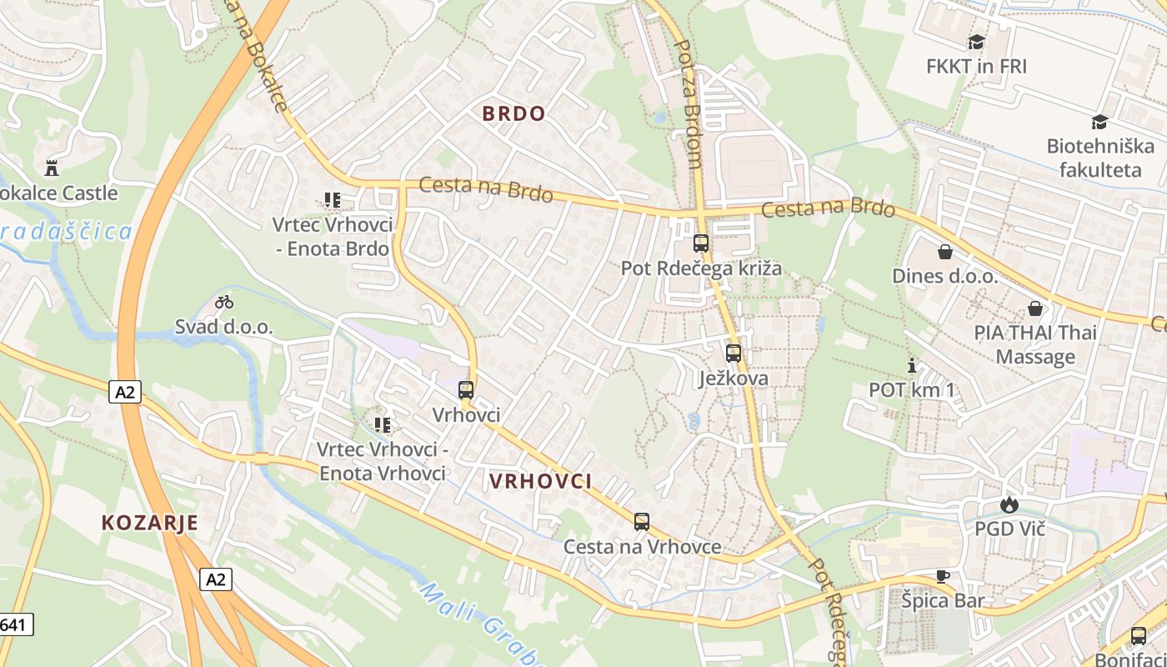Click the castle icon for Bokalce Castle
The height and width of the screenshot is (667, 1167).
click(52, 167)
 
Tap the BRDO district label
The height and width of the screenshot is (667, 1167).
click(513, 114)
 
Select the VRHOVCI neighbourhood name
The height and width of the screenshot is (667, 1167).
click(540, 481)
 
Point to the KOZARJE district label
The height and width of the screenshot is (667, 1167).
click(150, 523)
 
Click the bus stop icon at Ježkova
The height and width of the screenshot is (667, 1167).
click(734, 353)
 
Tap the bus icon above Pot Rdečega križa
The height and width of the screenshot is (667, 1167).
click(701, 243)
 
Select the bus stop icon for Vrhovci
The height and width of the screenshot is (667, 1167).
click(466, 389)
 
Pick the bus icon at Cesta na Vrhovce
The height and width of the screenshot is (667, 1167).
click(641, 522)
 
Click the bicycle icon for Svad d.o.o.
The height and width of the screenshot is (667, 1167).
click(224, 302)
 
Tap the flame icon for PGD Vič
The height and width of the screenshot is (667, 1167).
click(1009, 504)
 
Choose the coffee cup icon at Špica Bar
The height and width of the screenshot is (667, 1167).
click(942, 575)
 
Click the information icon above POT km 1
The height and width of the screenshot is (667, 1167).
click(911, 365)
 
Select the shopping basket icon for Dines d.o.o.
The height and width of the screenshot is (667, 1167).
click(944, 251)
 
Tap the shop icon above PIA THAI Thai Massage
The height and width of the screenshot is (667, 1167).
click(1035, 308)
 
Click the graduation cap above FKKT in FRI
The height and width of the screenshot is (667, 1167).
click(976, 42)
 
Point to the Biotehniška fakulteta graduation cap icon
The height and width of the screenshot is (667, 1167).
click(1099, 122)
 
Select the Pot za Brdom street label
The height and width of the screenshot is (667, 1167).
click(688, 104)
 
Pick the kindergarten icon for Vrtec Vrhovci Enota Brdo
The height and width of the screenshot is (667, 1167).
click(333, 200)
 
